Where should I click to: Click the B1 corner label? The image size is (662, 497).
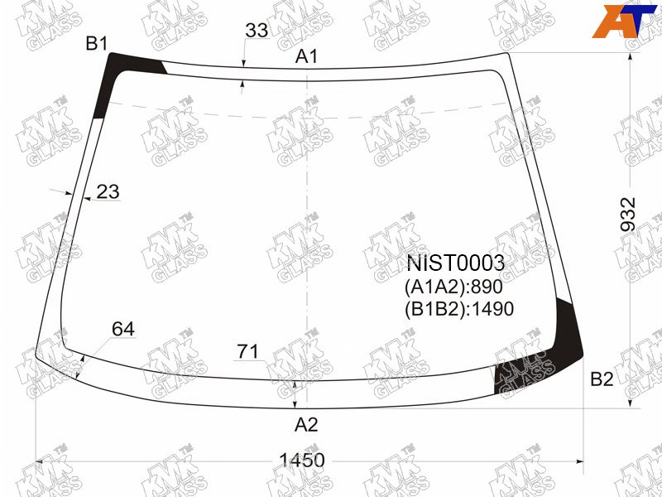[97, 44]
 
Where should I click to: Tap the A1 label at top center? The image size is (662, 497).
[306, 56]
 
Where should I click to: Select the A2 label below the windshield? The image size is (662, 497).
[306, 425]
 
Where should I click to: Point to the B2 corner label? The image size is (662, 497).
[602, 379]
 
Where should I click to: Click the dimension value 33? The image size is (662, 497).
[257, 30]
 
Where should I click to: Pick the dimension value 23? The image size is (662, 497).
[108, 191]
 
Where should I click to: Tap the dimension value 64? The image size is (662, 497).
[123, 329]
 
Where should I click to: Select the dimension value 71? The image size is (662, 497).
[247, 351]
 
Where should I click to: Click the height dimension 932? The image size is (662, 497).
[628, 215]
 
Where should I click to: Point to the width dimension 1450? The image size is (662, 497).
[302, 460]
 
